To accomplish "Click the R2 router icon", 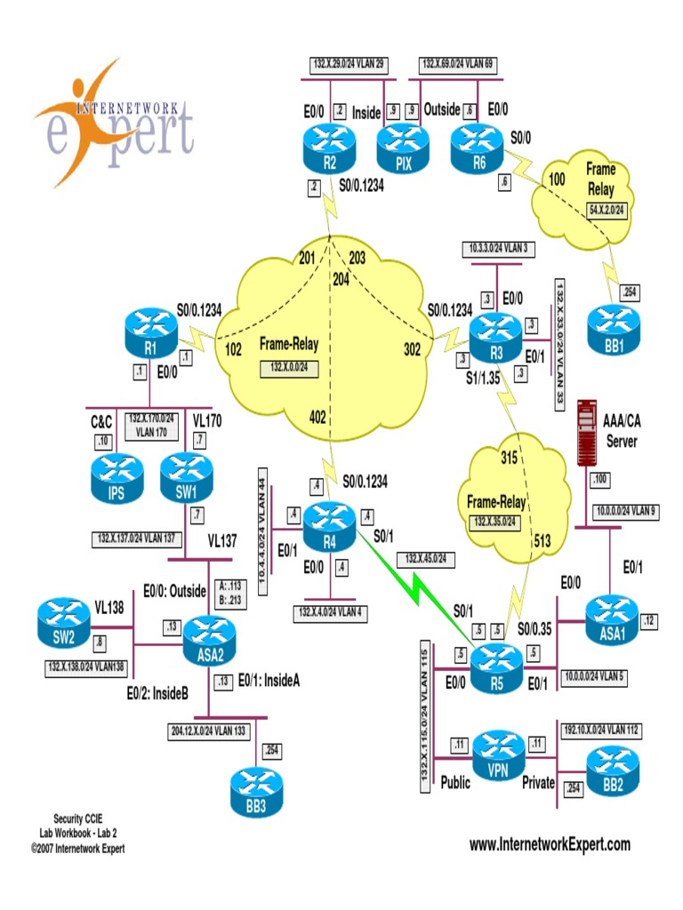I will point(330,147).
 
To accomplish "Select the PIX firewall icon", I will point(402,148).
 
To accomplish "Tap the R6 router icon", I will point(478,147).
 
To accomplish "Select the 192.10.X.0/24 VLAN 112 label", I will point(600,729).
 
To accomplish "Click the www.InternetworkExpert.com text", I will point(550,844).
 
